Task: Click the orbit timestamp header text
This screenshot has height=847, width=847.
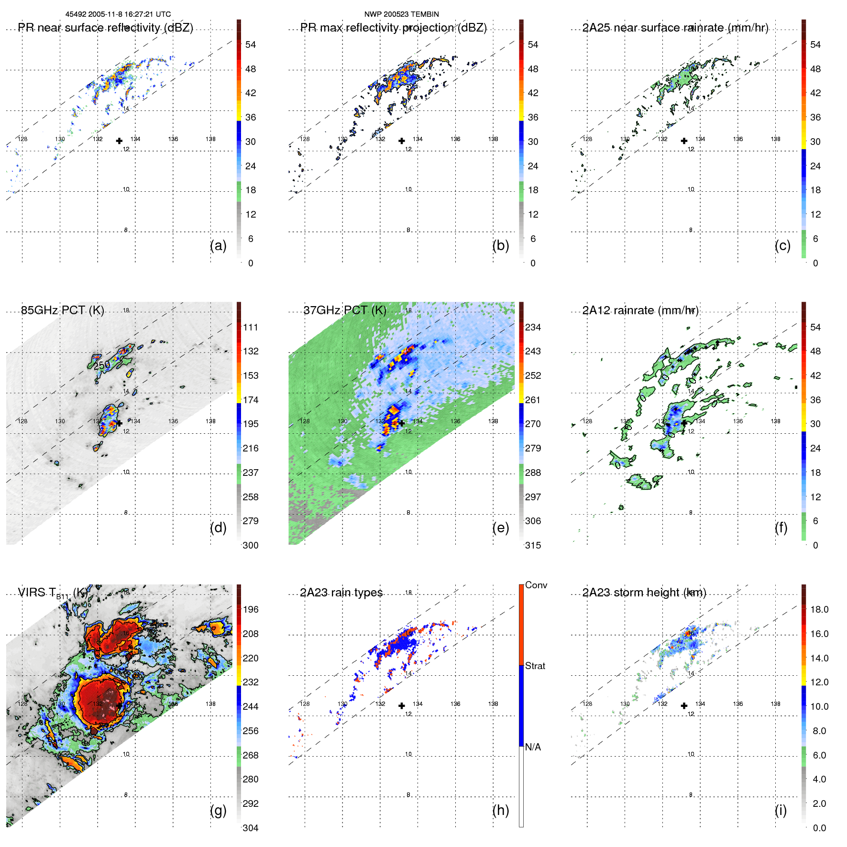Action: tap(118, 14)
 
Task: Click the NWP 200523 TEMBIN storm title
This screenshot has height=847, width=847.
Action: tap(401, 14)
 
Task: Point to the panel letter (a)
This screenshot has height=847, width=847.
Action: tap(218, 245)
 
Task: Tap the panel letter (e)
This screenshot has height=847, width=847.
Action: tap(500, 528)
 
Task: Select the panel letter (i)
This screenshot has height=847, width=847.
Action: tap(781, 810)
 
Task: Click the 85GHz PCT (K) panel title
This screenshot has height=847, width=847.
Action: tap(62, 310)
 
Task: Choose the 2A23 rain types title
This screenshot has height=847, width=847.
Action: tap(341, 593)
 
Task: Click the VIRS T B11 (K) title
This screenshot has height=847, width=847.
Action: tap(53, 594)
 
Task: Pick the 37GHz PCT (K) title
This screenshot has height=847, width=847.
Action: tap(345, 310)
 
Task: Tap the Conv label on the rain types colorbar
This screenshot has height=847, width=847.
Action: tap(536, 585)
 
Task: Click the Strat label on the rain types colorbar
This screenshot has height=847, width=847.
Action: tap(535, 666)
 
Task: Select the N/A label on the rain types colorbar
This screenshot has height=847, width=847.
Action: tap(533, 747)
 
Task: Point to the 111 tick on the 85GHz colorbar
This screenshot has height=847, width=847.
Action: tap(251, 327)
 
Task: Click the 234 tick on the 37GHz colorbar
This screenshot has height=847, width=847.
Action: tap(533, 327)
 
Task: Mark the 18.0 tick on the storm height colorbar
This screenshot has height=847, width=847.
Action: tap(819, 609)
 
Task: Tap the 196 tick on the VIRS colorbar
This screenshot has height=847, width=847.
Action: tap(251, 609)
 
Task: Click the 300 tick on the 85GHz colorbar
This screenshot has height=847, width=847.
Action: tap(251, 545)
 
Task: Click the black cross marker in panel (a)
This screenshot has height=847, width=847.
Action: tap(119, 141)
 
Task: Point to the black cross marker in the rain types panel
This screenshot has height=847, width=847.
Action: tap(402, 705)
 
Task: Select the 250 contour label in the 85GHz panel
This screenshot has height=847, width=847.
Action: tap(102, 365)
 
